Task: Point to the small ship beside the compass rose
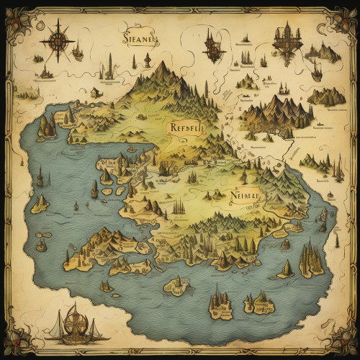[77, 53]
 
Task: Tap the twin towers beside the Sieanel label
[110, 67]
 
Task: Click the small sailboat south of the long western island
[106, 286]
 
